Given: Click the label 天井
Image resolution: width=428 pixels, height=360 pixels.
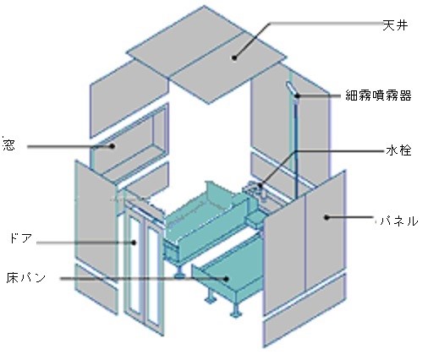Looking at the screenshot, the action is coord(395,25).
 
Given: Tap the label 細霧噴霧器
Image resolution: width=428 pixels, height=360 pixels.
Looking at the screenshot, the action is coord(378,95).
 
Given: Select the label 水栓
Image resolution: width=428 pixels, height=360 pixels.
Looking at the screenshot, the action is coord(398,150).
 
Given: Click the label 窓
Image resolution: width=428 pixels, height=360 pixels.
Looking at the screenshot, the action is coord(8,145).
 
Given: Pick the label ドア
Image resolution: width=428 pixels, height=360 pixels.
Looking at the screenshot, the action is coord(20,238).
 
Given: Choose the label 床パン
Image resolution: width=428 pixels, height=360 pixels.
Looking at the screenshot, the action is coord(26,277).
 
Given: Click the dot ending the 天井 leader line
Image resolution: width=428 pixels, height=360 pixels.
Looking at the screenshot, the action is coord(234,57).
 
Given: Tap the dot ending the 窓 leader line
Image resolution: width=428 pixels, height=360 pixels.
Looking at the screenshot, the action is coord(112,146).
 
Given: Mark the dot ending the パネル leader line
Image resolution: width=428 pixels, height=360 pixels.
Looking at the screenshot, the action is coord(326,217).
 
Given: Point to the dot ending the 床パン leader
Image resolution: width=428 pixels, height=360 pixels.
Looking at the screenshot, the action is coord(226,279).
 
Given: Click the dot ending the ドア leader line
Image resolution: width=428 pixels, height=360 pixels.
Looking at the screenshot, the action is coord(134,242).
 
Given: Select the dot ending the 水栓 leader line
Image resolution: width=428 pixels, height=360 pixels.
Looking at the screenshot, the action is coord(260,186).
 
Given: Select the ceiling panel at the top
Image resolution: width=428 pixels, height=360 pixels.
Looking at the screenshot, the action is coord(206,55).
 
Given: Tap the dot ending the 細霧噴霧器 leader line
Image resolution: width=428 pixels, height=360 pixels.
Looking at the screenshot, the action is coord(297,95).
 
